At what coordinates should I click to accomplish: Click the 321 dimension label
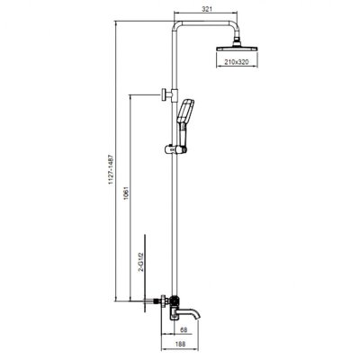(207, 9)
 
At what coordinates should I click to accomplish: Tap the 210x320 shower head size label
(237, 62)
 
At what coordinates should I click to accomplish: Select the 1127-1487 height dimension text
(111, 169)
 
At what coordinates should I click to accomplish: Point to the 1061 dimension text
(126, 194)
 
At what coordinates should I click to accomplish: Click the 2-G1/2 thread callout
(141, 262)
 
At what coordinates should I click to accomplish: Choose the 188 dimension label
(181, 344)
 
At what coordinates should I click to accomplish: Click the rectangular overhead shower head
(237, 49)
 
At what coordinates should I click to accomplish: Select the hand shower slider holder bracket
(175, 149)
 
